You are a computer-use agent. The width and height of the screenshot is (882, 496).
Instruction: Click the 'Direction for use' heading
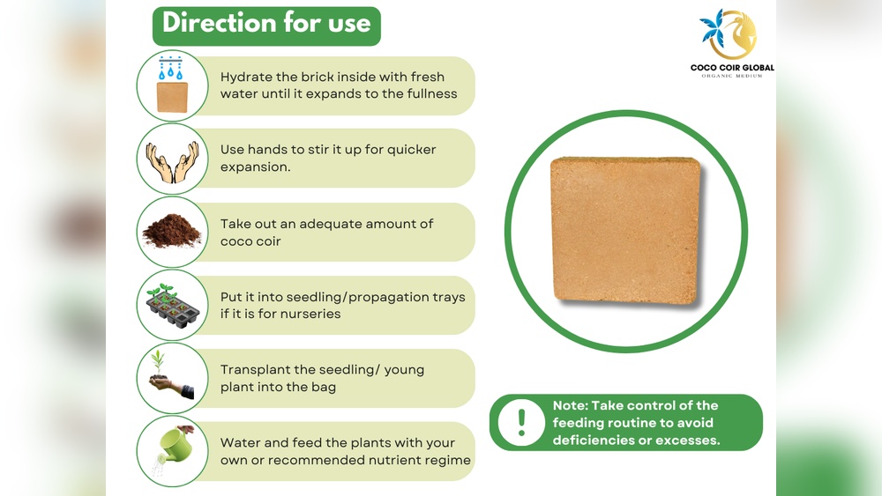266,24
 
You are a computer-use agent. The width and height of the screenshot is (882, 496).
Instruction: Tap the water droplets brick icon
172,85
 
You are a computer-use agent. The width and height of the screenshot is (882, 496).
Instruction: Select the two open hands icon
173,162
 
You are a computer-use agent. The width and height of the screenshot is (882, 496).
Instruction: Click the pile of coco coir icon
172,230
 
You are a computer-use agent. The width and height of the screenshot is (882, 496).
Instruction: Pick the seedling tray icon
173,306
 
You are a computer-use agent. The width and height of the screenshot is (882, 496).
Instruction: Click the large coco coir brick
625,231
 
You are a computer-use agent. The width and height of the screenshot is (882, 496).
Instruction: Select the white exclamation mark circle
521,422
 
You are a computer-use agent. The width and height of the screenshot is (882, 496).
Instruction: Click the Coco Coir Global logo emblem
729,33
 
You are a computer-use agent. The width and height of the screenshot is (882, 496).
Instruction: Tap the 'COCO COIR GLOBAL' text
732,68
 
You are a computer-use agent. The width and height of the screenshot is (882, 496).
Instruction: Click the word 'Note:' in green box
570,405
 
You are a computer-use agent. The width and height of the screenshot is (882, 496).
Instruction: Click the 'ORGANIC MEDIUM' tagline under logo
732,76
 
